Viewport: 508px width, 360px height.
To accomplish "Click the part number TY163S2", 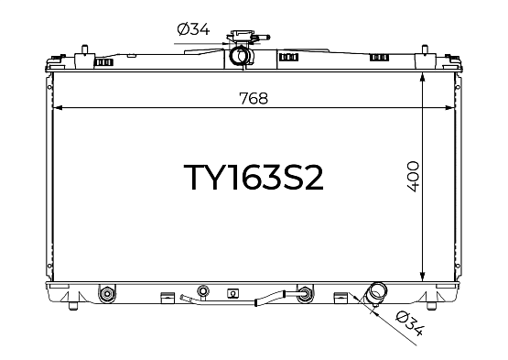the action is point(254,177).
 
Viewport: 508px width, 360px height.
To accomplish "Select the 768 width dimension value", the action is point(254,98).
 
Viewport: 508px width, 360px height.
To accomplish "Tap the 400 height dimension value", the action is point(413,177).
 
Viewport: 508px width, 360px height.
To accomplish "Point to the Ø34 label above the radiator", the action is point(193,29).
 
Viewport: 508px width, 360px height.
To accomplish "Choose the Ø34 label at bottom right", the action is point(410,323).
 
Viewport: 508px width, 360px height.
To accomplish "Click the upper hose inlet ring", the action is point(242,56).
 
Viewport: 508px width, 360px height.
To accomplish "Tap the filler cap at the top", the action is point(242,36).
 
